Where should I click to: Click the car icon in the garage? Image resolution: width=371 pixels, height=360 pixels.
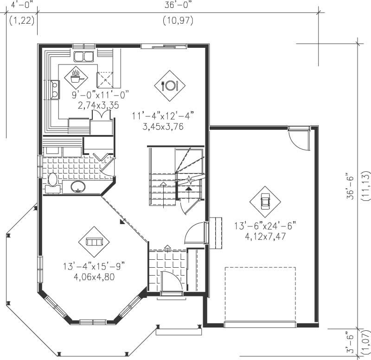point(265,201)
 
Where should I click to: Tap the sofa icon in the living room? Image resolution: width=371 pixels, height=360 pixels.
point(94,242)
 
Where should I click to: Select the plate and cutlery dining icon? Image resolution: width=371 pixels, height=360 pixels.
point(169,85)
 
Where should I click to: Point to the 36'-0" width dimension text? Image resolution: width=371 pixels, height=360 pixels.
point(178,5)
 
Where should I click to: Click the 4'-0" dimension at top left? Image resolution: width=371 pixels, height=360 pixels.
point(20,5)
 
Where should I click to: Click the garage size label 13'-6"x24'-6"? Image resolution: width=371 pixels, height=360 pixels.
point(265,227)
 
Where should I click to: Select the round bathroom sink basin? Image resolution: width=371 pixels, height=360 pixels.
point(78,187)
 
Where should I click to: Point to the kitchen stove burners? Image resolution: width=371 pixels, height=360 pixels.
point(55,89)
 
